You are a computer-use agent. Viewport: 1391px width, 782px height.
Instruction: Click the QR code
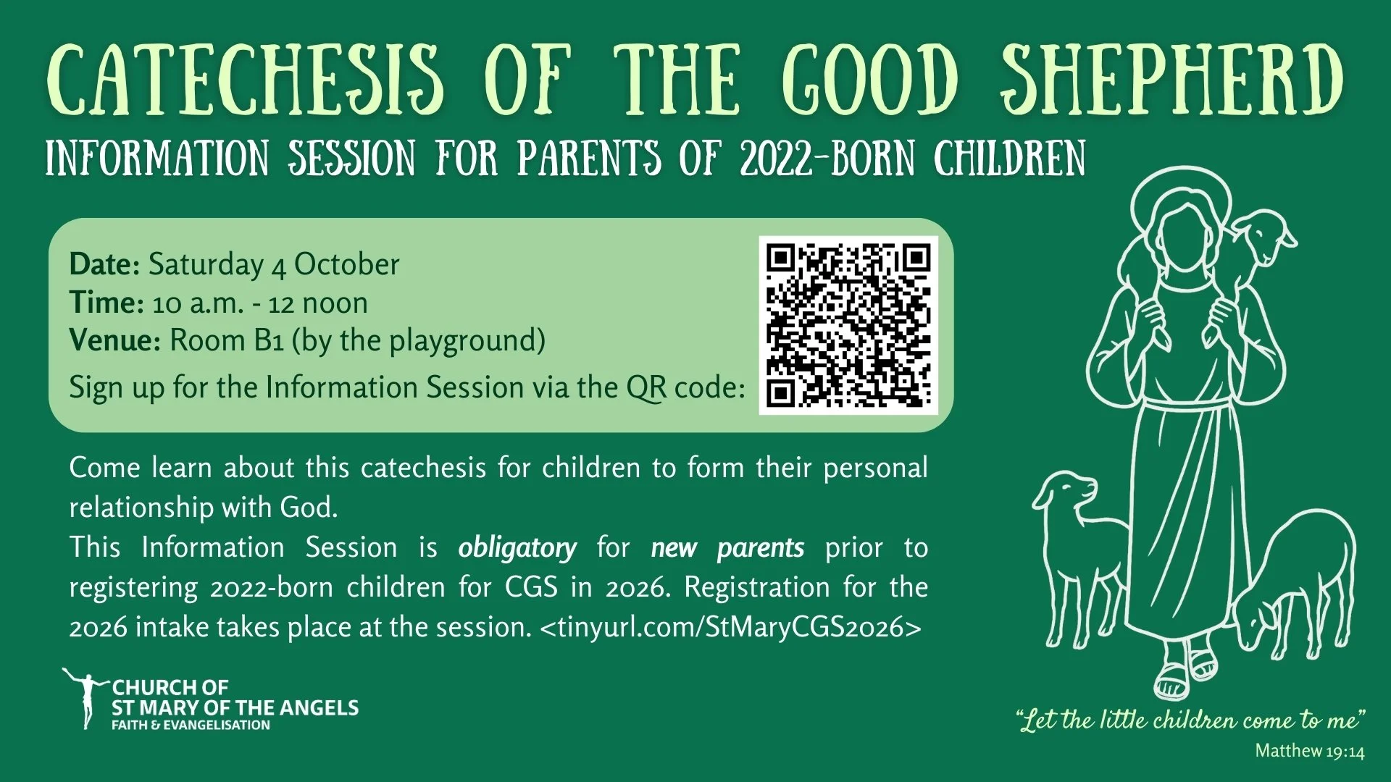(x=848, y=325)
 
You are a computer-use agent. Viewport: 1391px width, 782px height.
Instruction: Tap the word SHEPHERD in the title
(x=1171, y=81)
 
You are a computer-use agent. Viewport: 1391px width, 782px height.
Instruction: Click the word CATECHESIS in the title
(x=245, y=81)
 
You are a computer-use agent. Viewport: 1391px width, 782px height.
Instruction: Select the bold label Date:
(x=104, y=265)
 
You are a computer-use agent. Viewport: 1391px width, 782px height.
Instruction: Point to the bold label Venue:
(x=114, y=340)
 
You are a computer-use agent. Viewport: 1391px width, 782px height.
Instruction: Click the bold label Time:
(x=106, y=303)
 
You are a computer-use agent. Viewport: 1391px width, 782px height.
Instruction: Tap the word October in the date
(x=346, y=265)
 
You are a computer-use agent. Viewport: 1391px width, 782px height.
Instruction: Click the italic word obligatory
(x=517, y=548)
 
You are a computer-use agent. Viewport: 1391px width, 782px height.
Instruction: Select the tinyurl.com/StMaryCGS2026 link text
(x=730, y=627)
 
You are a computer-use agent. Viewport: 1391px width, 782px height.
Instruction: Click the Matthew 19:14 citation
(x=1309, y=751)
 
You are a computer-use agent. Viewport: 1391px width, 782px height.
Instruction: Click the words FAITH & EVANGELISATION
(x=191, y=726)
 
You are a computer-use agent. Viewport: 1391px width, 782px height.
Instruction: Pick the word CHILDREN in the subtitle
(x=1010, y=159)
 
